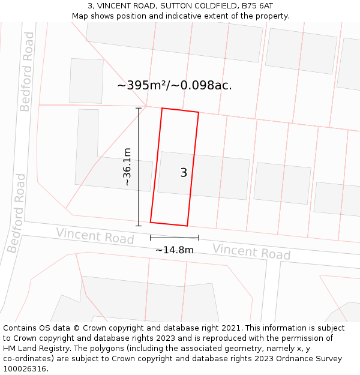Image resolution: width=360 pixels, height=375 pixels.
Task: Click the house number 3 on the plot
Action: point(184,173)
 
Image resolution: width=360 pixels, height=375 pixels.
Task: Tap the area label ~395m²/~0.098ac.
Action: point(175,85)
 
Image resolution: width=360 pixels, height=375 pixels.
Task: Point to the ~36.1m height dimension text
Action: point(127,166)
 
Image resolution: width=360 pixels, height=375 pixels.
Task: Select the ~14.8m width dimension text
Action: point(175,250)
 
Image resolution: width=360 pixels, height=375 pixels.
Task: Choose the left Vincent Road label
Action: point(95,236)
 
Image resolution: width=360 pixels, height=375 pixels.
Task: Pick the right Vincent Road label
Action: point(251,251)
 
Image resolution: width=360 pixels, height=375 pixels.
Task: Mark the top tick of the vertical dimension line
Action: point(139,108)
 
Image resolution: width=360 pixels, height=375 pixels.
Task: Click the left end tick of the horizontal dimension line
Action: point(151,238)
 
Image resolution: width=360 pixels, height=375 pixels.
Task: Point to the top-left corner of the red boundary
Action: point(162,109)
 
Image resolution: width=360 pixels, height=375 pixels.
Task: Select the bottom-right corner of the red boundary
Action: point(187,226)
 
